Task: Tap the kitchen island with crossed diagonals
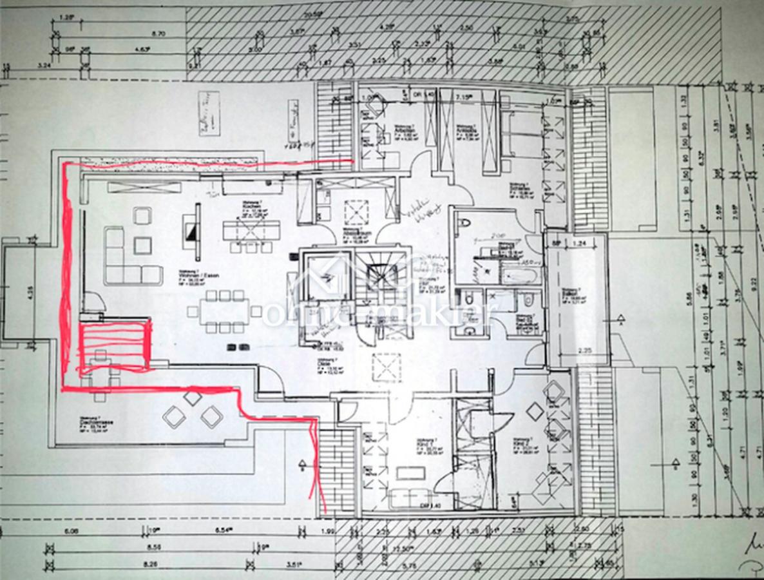point(251,229)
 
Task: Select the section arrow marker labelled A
point(620,318)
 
